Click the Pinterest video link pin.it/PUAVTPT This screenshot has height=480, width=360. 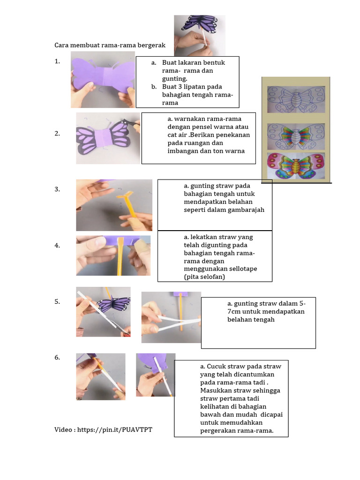click(115, 430)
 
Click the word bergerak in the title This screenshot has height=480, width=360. click(151, 45)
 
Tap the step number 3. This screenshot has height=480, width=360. click(57, 189)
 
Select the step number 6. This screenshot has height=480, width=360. click(57, 358)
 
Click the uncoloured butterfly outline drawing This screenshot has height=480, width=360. click(296, 99)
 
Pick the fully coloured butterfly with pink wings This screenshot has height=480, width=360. click(296, 165)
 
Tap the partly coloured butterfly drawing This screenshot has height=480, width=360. click(296, 136)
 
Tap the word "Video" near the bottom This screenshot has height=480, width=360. click(63, 430)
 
